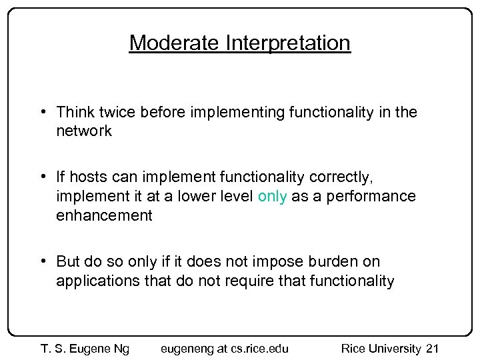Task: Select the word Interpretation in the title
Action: [x=288, y=43]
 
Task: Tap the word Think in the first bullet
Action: [x=76, y=113]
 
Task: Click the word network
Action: [x=84, y=131]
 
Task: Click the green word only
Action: [x=272, y=197]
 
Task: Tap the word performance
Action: [x=378, y=197]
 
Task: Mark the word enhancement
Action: [x=104, y=215]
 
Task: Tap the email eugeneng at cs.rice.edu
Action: [x=225, y=349]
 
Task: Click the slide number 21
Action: [x=432, y=349]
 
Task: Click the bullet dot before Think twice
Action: [x=43, y=113]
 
